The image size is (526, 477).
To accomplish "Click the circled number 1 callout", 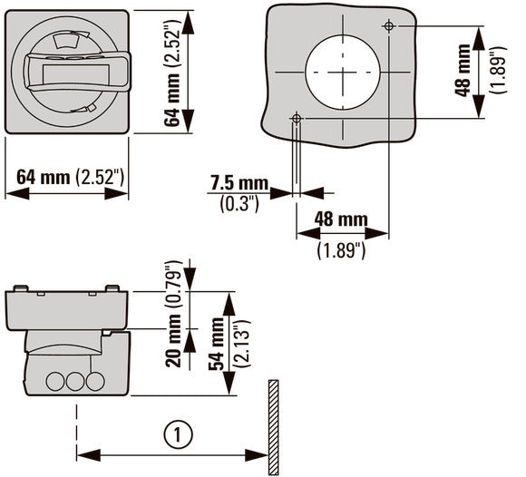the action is click(178, 434).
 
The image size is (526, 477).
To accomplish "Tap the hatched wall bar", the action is click(273, 427).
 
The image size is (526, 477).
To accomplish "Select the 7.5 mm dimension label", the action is click(239, 183).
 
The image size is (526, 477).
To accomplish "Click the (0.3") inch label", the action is click(239, 204).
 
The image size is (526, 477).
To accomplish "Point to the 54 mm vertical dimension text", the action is click(217, 344).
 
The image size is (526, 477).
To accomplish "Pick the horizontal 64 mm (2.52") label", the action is click(70, 177).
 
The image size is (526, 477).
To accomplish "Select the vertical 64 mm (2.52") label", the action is click(173, 73).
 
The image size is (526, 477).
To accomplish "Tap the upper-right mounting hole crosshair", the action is click(389, 25).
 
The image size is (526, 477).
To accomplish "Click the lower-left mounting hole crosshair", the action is click(297, 118).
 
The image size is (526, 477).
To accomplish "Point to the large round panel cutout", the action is click(343, 73).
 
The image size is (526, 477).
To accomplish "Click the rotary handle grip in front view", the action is click(77, 72).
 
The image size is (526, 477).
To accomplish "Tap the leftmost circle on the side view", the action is click(55, 382).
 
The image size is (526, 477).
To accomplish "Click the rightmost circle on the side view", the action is click(95, 382).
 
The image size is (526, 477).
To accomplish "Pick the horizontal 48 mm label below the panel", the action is click(341, 219).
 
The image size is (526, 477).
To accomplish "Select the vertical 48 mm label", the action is click(463, 70).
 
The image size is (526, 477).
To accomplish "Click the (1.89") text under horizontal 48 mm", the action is click(341, 250).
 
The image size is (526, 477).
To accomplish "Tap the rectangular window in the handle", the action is click(76, 74).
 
